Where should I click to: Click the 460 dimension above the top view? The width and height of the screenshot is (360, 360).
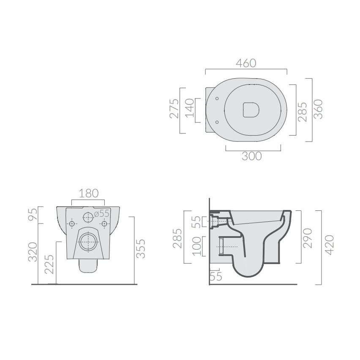pos(246,63)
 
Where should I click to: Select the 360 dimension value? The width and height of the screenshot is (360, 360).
pos(318,109)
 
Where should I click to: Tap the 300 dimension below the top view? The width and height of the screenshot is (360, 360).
pos(252,156)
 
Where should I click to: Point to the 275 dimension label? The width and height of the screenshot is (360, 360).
pos(174,108)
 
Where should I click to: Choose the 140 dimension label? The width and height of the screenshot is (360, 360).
pos(190,108)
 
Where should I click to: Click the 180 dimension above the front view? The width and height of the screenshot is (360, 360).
pos(89,194)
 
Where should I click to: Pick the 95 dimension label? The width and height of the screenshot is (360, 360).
pos(33,214)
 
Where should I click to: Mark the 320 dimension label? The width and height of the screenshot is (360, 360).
pos(33,252)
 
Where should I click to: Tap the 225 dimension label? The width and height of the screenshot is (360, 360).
pos(49,264)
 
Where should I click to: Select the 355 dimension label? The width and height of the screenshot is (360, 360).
pos(141,248)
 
